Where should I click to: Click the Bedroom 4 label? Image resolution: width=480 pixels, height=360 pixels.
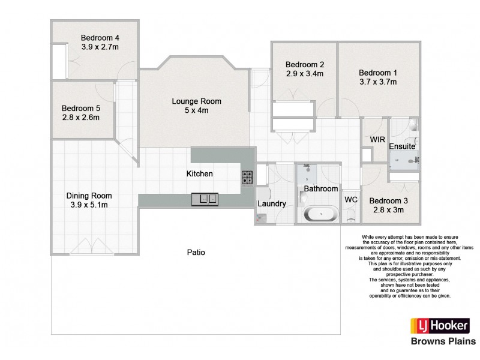coord(100,37)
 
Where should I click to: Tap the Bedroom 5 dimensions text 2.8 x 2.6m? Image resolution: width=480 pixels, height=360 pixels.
coord(80,118)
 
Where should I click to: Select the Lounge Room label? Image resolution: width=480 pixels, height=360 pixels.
coord(196,101)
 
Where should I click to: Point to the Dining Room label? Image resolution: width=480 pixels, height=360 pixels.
coord(89,196)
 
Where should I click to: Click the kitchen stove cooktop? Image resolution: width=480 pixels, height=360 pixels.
coord(247,177)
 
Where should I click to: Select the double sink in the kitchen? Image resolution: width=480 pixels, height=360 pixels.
coord(205,198)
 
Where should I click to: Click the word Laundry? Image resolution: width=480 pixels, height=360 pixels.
coord(271,204)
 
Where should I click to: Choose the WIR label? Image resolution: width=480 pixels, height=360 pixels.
coord(377,140)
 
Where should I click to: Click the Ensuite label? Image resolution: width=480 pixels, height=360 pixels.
coord(401,146)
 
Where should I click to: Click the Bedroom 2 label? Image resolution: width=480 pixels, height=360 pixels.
coord(305,65)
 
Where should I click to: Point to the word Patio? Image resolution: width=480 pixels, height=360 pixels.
coord(196,253)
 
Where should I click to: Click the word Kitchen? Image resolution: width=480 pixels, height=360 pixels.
coord(199,173)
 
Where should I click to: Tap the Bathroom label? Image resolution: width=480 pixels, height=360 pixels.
coord(320,188)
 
